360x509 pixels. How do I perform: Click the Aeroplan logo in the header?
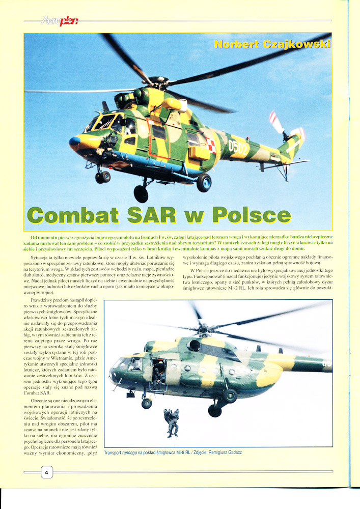pyautogui.click(x=60, y=21)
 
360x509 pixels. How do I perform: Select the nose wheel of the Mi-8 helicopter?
pyautogui.click(x=147, y=403)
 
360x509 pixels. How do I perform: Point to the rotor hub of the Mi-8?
pyautogui.click(x=203, y=328)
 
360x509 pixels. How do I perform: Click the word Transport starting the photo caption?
pyautogui.click(x=115, y=453)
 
